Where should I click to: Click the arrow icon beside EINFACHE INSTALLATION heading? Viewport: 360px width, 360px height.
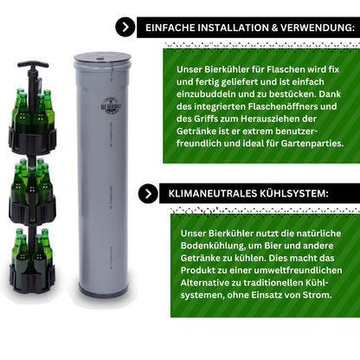pyautogui.click(x=125, y=27)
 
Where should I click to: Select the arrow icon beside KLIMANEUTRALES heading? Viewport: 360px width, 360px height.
pyautogui.click(x=148, y=194)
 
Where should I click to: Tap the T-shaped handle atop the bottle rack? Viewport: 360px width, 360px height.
pyautogui.click(x=33, y=64)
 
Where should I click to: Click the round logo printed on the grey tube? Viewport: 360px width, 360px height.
pyautogui.click(x=111, y=106)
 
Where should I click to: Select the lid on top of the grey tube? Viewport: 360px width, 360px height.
pyautogui.click(x=102, y=57)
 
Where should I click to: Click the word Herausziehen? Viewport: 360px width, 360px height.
pyautogui.click(x=275, y=119)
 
